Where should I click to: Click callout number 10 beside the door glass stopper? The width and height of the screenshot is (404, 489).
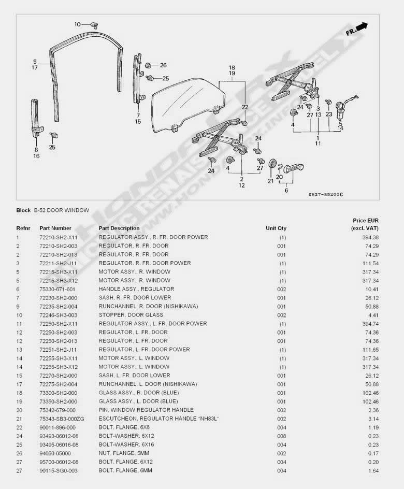pyautogui.click(x=78, y=24)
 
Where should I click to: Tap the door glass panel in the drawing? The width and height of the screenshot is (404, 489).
pyautogui.click(x=186, y=104)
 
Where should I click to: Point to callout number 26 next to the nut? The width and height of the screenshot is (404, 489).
pyautogui.click(x=163, y=65)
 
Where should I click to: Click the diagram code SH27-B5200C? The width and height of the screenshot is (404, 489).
pyautogui.click(x=326, y=194)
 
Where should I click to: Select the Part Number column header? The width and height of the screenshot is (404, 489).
pyautogui.click(x=55, y=228)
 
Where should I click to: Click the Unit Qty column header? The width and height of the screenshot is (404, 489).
pyautogui.click(x=276, y=228)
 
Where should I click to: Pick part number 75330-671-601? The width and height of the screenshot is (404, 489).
pyautogui.click(x=57, y=289)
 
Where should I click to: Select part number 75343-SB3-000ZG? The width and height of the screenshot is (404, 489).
pyautogui.click(x=61, y=419)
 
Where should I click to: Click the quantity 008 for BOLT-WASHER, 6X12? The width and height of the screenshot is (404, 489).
pyautogui.click(x=281, y=436)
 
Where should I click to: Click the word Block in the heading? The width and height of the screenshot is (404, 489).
pyautogui.click(x=23, y=210)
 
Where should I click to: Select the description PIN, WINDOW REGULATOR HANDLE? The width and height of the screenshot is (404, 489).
pyautogui.click(x=146, y=410)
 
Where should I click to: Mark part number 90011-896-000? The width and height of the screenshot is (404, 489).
pyautogui.click(x=57, y=427)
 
